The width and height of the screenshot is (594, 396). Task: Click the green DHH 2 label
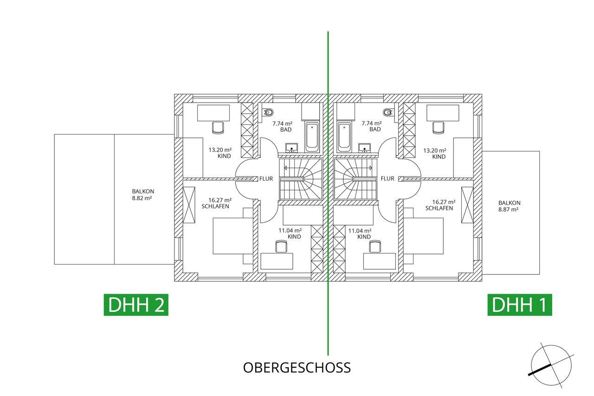coord(136,305)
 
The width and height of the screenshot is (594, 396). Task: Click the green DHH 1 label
coord(519,305)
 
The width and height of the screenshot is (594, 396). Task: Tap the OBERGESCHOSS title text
coord(297,368)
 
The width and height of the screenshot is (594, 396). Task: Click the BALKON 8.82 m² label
coord(143,194)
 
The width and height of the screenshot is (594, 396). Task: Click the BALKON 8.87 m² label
coord(510,206)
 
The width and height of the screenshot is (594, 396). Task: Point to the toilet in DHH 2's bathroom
coord(268,112)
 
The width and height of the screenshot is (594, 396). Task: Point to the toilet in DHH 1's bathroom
coord(388,112)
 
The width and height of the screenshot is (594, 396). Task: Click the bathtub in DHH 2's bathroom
coord(312,136)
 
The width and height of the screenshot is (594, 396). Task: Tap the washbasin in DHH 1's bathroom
coord(365,148)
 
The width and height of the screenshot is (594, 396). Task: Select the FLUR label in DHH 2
coord(266,178)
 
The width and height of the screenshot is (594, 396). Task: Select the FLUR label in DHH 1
coord(387,178)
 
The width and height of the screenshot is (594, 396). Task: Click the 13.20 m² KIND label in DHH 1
coord(435,154)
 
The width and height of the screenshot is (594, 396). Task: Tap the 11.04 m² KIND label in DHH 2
coord(290,234)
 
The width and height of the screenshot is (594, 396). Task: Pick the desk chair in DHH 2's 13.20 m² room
coord(218,126)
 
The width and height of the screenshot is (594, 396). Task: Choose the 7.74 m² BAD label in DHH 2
coord(282,126)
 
